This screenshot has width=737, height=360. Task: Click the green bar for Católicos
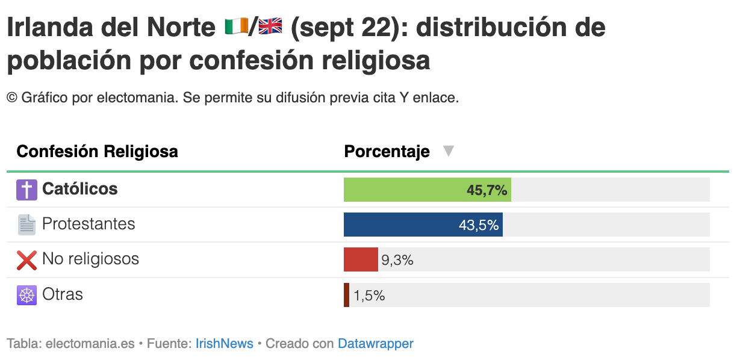tap(428, 190)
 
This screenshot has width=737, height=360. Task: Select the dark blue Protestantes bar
tap(423, 225)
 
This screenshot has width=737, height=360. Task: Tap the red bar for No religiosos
tap(361, 259)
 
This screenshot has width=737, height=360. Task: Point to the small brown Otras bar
tap(346, 295)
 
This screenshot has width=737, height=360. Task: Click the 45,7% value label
tap(487, 190)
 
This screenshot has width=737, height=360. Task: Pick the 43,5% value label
tap(479, 225)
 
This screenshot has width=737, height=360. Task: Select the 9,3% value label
tap(397, 260)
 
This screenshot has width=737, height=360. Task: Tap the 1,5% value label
tap(369, 296)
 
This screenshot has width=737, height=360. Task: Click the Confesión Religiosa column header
tap(97, 152)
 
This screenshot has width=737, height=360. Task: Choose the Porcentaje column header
tap(387, 152)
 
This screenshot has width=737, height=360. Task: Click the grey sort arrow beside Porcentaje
tap(448, 151)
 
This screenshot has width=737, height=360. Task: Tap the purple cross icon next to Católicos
tap(26, 190)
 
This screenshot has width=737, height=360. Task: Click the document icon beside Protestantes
tap(26, 225)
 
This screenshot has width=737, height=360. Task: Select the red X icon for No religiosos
tap(26, 260)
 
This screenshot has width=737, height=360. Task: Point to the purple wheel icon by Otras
tap(26, 295)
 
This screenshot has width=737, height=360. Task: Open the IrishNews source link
tap(225, 343)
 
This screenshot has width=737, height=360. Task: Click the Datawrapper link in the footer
tap(375, 344)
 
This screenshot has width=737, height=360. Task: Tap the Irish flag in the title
tap(237, 26)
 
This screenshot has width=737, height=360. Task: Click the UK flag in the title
tap(270, 26)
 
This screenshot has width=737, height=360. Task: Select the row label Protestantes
tap(89, 224)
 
